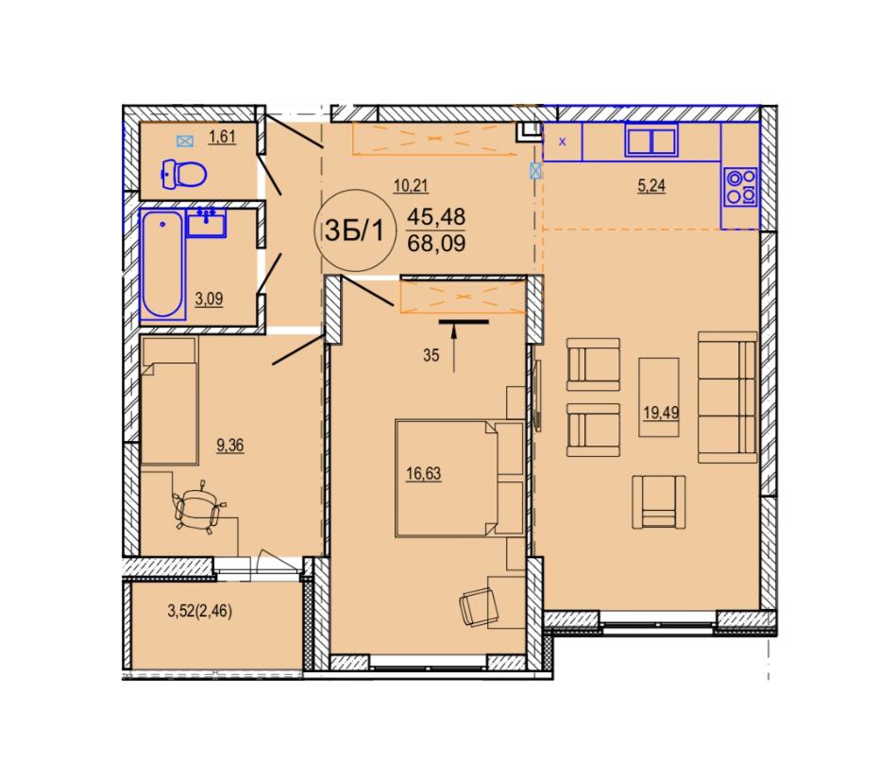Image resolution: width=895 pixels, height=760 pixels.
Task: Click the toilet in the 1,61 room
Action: click(x=184, y=175)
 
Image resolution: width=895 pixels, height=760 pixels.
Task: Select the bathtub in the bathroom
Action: click(x=162, y=265)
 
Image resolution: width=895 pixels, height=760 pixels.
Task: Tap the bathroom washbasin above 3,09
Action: click(x=206, y=223)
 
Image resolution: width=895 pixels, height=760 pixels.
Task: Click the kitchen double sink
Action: click(x=651, y=140)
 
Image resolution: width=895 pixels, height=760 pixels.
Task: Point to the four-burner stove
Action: click(x=740, y=187)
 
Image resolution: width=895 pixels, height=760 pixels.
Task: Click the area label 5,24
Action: click(x=651, y=186)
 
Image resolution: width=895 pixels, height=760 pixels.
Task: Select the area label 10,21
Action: click(x=411, y=186)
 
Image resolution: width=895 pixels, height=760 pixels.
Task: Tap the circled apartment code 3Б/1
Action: click(x=355, y=230)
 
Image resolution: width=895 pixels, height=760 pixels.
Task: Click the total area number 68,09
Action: click(x=437, y=244)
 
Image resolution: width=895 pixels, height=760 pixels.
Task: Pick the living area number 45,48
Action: click(x=437, y=217)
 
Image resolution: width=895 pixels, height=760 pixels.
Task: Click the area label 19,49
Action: click(x=661, y=413)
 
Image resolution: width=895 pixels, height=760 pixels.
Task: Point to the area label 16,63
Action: click(x=424, y=473)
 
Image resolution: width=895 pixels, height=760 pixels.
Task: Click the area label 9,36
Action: click(x=230, y=445)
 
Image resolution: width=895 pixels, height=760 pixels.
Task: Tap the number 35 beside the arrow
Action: click(x=431, y=355)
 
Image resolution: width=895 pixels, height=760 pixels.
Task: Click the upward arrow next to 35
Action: click(x=454, y=347)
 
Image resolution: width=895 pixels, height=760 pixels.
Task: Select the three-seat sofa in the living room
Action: click(x=727, y=397)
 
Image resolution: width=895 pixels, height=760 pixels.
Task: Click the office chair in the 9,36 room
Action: click(x=198, y=508)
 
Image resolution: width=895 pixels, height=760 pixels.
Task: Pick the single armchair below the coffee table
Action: click(x=659, y=502)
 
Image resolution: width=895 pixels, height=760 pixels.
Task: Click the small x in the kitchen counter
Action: click(x=563, y=142)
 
